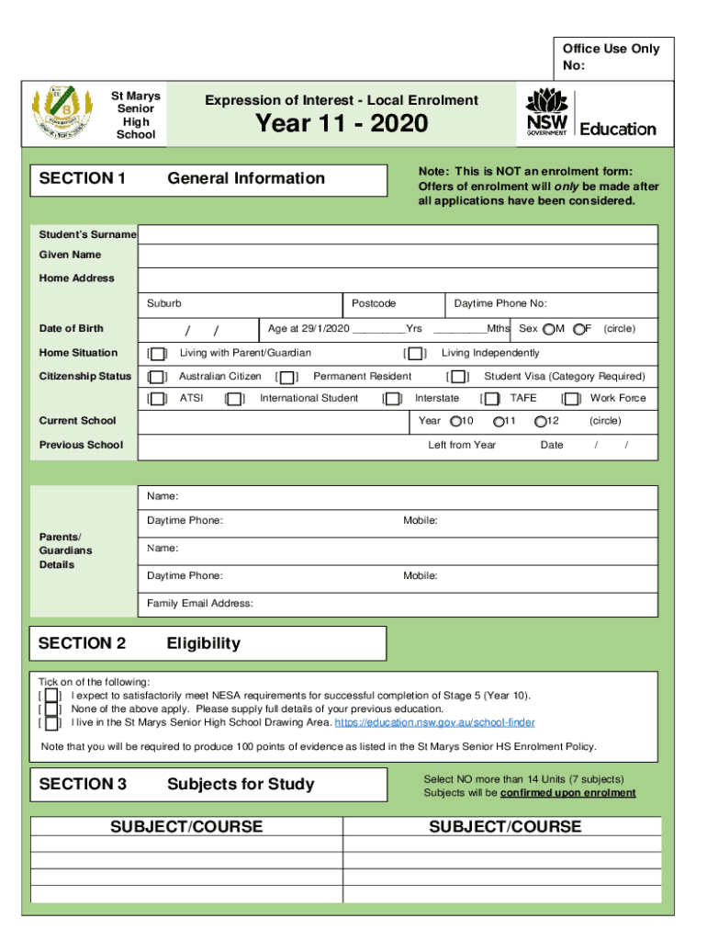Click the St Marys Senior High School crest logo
(x=61, y=114)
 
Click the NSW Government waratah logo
(x=546, y=112)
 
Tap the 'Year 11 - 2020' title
(x=342, y=123)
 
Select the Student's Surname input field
(x=397, y=234)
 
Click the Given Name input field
(x=397, y=255)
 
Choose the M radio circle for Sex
(x=548, y=329)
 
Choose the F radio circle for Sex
(x=578, y=329)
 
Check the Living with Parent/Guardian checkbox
(x=158, y=354)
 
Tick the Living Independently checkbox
(x=416, y=354)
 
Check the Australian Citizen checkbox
(x=158, y=377)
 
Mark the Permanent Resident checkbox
(x=288, y=377)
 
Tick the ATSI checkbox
(x=158, y=399)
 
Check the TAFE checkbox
(x=492, y=399)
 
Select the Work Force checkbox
(x=572, y=399)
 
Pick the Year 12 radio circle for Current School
(x=540, y=422)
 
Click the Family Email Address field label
(x=200, y=604)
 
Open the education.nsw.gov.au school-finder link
(x=434, y=723)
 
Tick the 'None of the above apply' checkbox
(x=51, y=709)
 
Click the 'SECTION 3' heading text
(x=83, y=784)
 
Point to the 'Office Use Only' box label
(x=611, y=49)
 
